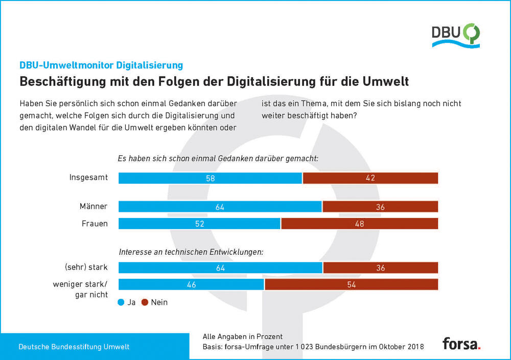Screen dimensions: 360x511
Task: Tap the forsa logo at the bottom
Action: pyautogui.click(x=461, y=343)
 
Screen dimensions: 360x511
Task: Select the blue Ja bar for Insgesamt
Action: pyautogui.click(x=210, y=178)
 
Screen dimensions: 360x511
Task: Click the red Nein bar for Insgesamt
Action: pyautogui.click(x=370, y=178)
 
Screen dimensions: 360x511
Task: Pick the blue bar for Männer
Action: pyautogui.click(x=220, y=207)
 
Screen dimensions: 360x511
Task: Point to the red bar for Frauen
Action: pyautogui.click(x=360, y=224)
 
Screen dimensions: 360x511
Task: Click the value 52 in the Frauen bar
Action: pyautogui.click(x=200, y=224)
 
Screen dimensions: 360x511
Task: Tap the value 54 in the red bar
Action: pyautogui.click(x=352, y=284)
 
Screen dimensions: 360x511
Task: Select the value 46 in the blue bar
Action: pyautogui.click(x=192, y=284)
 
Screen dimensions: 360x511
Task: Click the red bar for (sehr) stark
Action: pyautogui.click(x=381, y=268)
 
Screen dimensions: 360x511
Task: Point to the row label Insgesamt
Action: pyautogui.click(x=88, y=178)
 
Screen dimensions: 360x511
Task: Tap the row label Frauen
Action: pyautogui.click(x=95, y=224)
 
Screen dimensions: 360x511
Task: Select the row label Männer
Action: pyautogui.click(x=94, y=207)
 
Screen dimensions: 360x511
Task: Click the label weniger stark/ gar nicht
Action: pyautogui.click(x=80, y=289)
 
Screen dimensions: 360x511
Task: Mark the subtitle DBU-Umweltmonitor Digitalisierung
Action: pyautogui.click(x=101, y=65)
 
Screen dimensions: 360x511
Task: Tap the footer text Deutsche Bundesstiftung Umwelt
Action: pyautogui.click(x=74, y=347)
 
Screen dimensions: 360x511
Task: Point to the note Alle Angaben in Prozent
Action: pyautogui.click(x=243, y=337)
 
